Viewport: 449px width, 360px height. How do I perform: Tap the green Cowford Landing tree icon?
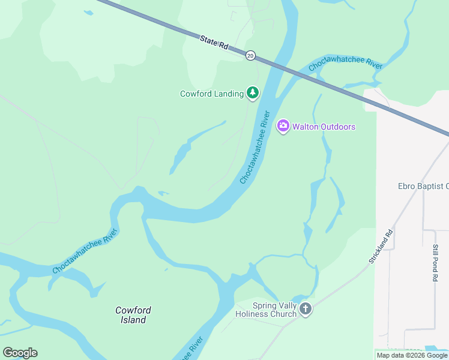pos(253,93)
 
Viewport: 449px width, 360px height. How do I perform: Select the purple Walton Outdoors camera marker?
pos(283,126)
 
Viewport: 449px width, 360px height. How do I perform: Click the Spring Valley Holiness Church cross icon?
pos(306,309)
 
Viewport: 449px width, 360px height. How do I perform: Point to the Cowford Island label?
pos(133,315)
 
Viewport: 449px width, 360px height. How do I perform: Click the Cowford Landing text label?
pos(212,94)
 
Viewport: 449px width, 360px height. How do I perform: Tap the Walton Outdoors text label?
pos(324,127)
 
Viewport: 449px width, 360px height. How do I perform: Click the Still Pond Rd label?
pos(435,263)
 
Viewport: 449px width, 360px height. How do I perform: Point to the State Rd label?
pos(214,43)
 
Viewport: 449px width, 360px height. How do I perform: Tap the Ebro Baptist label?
pos(423,186)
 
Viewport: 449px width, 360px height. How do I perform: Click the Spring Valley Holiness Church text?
pos(266,310)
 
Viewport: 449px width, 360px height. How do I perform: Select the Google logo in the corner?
pos(20,353)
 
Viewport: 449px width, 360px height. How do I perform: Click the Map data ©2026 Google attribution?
pos(412,355)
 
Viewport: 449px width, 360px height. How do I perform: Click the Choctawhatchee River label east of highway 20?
pos(345,65)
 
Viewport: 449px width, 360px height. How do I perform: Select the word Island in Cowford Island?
pos(133,320)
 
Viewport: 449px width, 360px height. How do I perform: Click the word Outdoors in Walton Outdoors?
pos(336,127)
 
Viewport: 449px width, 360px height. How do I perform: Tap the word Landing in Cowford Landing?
pos(229,94)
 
